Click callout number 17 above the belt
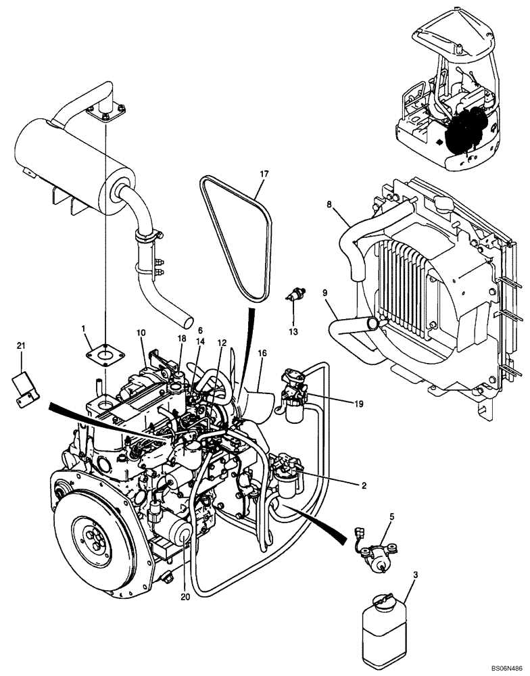tap(264, 174)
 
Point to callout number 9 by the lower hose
tap(325, 294)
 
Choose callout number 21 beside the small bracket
tap(21, 346)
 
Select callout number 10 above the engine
tap(141, 333)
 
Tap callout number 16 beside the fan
tap(261, 353)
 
